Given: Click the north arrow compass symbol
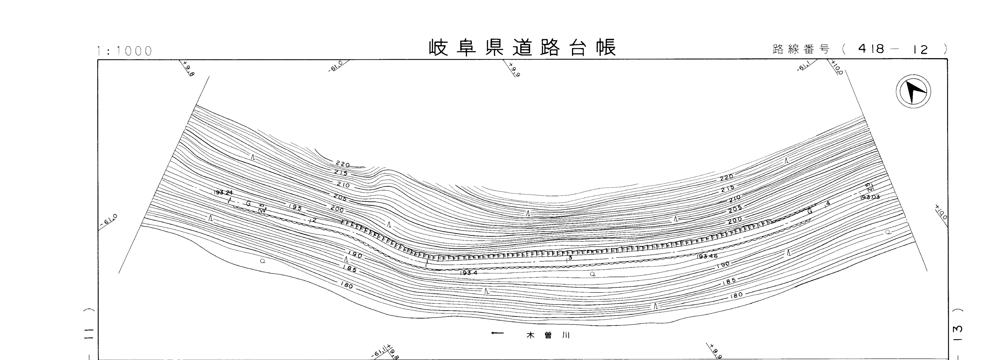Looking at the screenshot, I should click(x=913, y=92).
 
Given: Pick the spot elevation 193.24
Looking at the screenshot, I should click(x=223, y=193).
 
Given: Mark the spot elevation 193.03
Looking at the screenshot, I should click(x=870, y=197).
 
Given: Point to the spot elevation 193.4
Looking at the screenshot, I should click(x=469, y=273).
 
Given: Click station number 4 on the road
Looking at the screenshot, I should click(x=828, y=204).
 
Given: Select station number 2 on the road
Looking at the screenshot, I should click(x=314, y=220).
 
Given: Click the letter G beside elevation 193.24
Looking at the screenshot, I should click(x=248, y=203).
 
